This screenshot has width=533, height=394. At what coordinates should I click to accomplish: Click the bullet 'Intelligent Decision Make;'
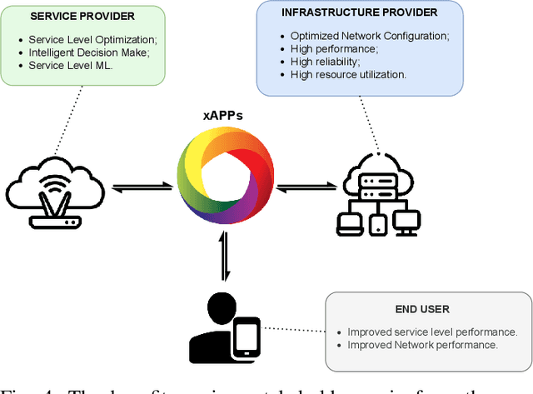(x=87, y=52)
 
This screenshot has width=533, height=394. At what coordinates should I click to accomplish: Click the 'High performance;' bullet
(x=333, y=49)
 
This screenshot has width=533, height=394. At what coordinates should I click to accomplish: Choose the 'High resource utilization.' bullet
(x=348, y=74)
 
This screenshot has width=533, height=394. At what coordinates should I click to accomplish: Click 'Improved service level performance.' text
(x=431, y=332)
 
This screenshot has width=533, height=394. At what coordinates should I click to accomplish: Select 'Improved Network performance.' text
(x=422, y=344)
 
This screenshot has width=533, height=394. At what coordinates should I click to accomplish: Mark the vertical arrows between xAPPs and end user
(x=223, y=257)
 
